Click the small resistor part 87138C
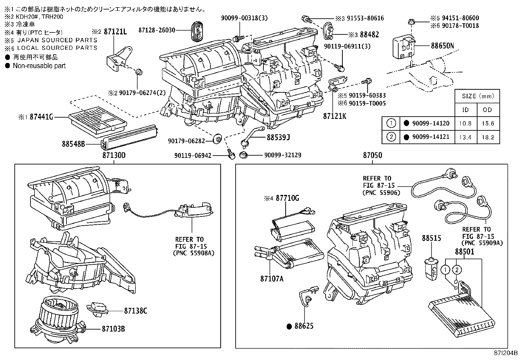(x=96, y=310)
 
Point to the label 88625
(x=304, y=326)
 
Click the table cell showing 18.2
(x=488, y=137)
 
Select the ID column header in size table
(x=465, y=110)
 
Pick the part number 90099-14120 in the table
(x=431, y=123)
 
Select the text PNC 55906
(x=381, y=193)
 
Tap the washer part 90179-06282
(x=216, y=139)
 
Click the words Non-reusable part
(x=39, y=66)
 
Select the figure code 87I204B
(x=506, y=353)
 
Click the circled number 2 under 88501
(x=456, y=270)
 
